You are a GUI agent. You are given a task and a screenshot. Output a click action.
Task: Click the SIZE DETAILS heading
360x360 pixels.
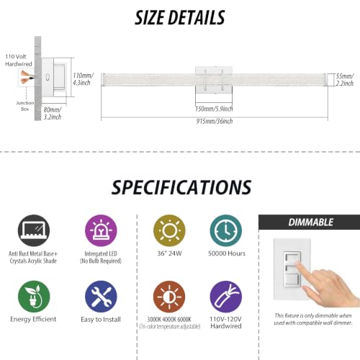pos(179,18)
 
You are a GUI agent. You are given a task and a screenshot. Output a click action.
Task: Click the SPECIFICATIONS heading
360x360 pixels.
pos(181,187)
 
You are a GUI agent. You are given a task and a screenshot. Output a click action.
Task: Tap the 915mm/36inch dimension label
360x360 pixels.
pos(215,121)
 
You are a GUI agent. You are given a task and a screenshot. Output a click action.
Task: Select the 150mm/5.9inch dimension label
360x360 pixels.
pos(214,109)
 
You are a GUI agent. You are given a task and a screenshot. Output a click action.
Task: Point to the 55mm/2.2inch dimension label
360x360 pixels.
pos(345,80)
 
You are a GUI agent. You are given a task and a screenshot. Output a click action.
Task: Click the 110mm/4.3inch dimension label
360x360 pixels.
pos(83,79)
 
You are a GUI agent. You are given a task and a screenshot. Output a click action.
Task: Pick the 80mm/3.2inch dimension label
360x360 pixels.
pos(53,113)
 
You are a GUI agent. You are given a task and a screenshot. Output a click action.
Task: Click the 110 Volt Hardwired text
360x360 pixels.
pos(19,60)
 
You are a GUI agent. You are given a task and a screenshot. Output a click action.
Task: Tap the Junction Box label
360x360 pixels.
pos(24,106)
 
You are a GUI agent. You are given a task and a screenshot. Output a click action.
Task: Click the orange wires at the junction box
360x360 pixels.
pos(26,77)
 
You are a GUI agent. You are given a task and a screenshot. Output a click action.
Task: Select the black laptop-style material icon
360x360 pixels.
pos(34,230)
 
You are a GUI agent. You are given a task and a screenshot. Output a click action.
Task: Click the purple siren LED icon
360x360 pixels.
pos(101,230)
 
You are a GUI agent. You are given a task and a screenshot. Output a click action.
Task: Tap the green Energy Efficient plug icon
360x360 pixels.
pos(34,297)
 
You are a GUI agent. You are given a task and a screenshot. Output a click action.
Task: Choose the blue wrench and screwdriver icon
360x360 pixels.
pos(101,297)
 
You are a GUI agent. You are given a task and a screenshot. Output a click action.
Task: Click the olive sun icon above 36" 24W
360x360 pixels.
pos(169,230)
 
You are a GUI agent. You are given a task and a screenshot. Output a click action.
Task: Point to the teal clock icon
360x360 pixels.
pos(226,230)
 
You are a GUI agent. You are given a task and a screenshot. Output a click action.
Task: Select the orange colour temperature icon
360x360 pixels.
pos(169,297)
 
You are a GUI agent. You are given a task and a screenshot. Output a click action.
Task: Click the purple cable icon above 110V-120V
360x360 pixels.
pos(226,297)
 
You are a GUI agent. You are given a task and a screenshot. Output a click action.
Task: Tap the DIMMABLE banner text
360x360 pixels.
pos(311,222)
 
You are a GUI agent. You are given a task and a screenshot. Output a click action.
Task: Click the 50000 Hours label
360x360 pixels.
pos(227,253)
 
